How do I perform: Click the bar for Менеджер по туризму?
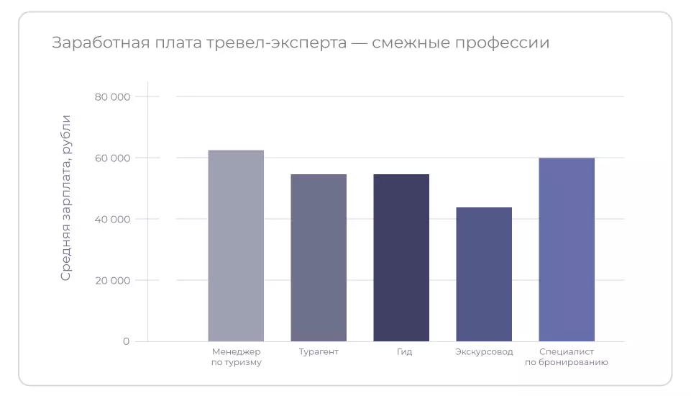pos(236,246)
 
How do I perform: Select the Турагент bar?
pos(319,258)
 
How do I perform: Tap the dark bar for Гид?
pos(401,258)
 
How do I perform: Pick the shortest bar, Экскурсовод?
pos(484,274)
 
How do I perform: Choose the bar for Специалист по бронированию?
pos(567,249)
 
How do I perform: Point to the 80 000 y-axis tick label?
pos(112,96)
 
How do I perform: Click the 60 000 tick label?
pos(112,158)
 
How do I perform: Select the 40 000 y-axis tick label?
pos(112,219)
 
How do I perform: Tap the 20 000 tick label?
pos(112,280)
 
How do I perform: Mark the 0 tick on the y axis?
pos(126,341)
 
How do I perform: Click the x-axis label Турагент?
pos(319,352)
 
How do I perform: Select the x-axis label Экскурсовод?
pos(485,352)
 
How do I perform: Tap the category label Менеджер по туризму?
pos(237,357)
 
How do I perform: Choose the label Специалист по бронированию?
pos(567,357)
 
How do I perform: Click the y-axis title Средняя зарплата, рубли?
pos(66,197)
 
